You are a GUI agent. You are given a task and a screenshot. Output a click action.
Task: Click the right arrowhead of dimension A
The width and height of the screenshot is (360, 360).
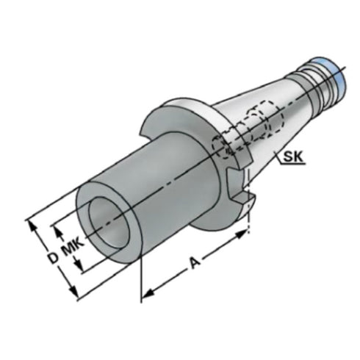(x=244, y=234)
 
